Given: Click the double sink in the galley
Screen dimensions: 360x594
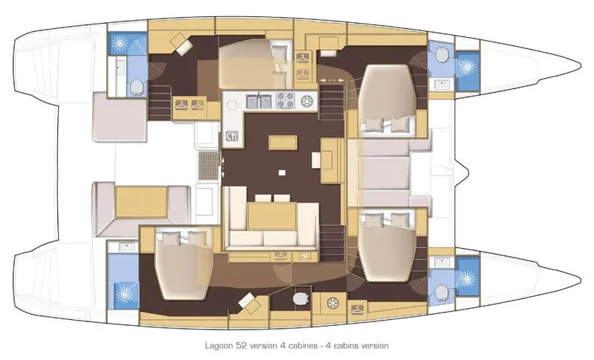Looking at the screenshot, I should (257, 99).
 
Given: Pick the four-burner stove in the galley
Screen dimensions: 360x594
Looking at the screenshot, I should (284, 99).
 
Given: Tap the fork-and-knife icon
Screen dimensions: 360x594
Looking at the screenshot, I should (232, 135).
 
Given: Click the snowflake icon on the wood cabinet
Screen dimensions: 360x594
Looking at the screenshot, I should (332, 304).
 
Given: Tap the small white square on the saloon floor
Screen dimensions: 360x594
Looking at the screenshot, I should (281, 171).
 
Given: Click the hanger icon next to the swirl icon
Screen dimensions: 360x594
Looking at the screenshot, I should (281, 255).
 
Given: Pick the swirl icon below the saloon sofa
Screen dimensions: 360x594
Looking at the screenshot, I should (303, 255).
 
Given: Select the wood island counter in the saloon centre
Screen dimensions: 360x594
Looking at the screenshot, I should (278, 142).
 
